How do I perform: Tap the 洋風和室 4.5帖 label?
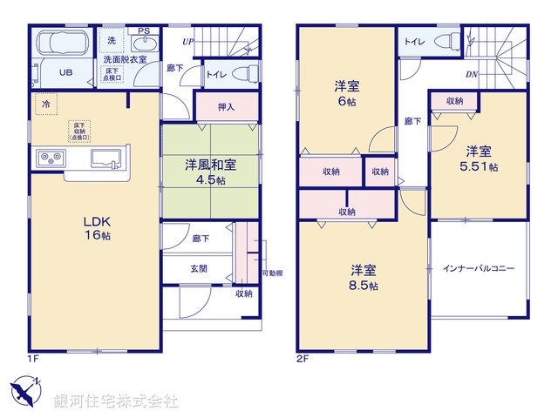point(209,172)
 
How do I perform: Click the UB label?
point(65,73)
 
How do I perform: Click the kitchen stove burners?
point(49,158)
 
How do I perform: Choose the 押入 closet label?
point(226,107)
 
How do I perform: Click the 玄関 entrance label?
point(199,269)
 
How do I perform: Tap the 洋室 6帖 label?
point(347,93)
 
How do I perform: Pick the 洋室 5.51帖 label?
point(480,156)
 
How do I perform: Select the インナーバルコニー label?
point(478,268)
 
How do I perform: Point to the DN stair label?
point(471,73)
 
